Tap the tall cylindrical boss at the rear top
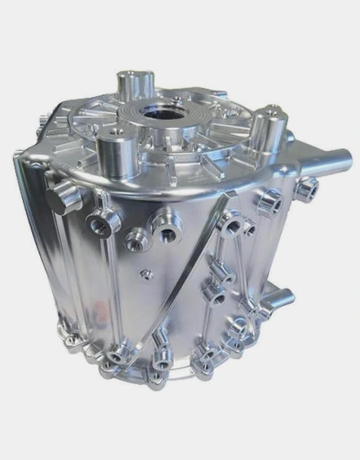(135, 86)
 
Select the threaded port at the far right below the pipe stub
(306, 187)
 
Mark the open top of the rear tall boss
(135, 77)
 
